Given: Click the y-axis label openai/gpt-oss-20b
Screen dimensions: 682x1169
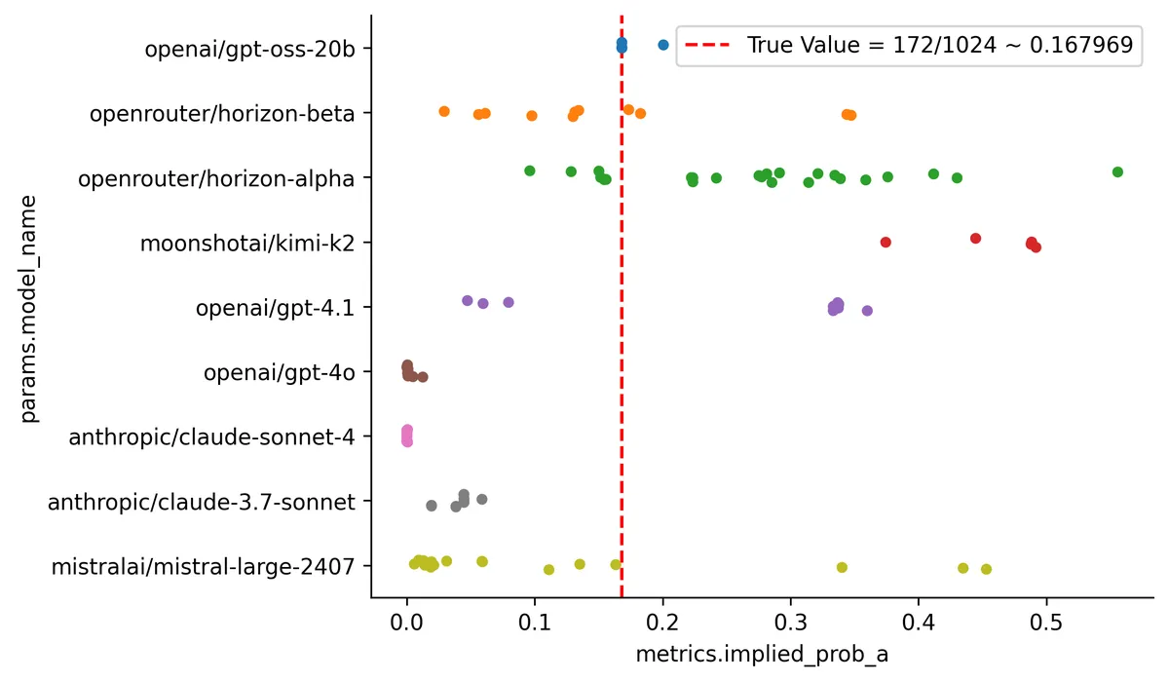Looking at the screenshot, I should click(x=249, y=49).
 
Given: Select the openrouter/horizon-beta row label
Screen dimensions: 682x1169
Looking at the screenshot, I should click(x=222, y=114).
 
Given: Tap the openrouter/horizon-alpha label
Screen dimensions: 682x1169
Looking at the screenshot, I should click(x=216, y=178).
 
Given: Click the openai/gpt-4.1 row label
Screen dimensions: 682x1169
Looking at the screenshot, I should click(x=276, y=308).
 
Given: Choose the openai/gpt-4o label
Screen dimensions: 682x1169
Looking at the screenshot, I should click(x=280, y=372).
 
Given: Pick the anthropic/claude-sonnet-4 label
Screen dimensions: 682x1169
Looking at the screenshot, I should click(x=211, y=436).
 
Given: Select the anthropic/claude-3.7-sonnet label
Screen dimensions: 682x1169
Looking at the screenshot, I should click(x=202, y=502).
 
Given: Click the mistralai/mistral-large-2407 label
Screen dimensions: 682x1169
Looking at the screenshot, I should click(x=203, y=566).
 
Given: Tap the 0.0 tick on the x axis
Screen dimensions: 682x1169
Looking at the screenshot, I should click(x=407, y=621).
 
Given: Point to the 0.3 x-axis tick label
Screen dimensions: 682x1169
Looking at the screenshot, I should click(x=791, y=621).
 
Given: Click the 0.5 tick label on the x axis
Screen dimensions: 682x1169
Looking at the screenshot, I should click(x=1046, y=621).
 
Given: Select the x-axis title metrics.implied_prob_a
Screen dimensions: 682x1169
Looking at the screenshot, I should click(x=762, y=656).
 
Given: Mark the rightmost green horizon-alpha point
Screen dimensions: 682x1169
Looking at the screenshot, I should click(x=1117, y=171).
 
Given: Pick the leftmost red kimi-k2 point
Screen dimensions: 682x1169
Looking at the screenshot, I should click(x=886, y=242).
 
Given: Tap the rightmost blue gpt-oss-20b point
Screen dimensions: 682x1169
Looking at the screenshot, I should click(x=663, y=44).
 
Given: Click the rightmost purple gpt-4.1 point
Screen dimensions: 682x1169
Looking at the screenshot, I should click(x=867, y=311).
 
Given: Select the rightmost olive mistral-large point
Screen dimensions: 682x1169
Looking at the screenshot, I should click(x=986, y=569).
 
